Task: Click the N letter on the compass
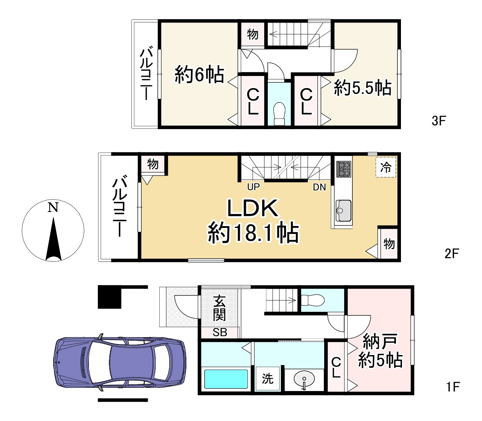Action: point(53,207)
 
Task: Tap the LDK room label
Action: point(252,209)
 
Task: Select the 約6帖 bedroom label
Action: point(199,75)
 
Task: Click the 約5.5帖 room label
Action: point(362,88)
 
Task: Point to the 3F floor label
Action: point(439,121)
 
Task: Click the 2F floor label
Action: point(451,254)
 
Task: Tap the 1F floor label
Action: point(453,387)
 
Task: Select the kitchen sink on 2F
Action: point(343,210)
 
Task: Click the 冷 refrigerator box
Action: point(386,167)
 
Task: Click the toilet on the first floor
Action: point(313,300)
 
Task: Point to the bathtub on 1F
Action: point(226,379)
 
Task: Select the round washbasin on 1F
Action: point(304,380)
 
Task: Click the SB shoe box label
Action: point(220,333)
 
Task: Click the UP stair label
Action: point(253,187)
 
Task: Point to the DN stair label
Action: point(319,187)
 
